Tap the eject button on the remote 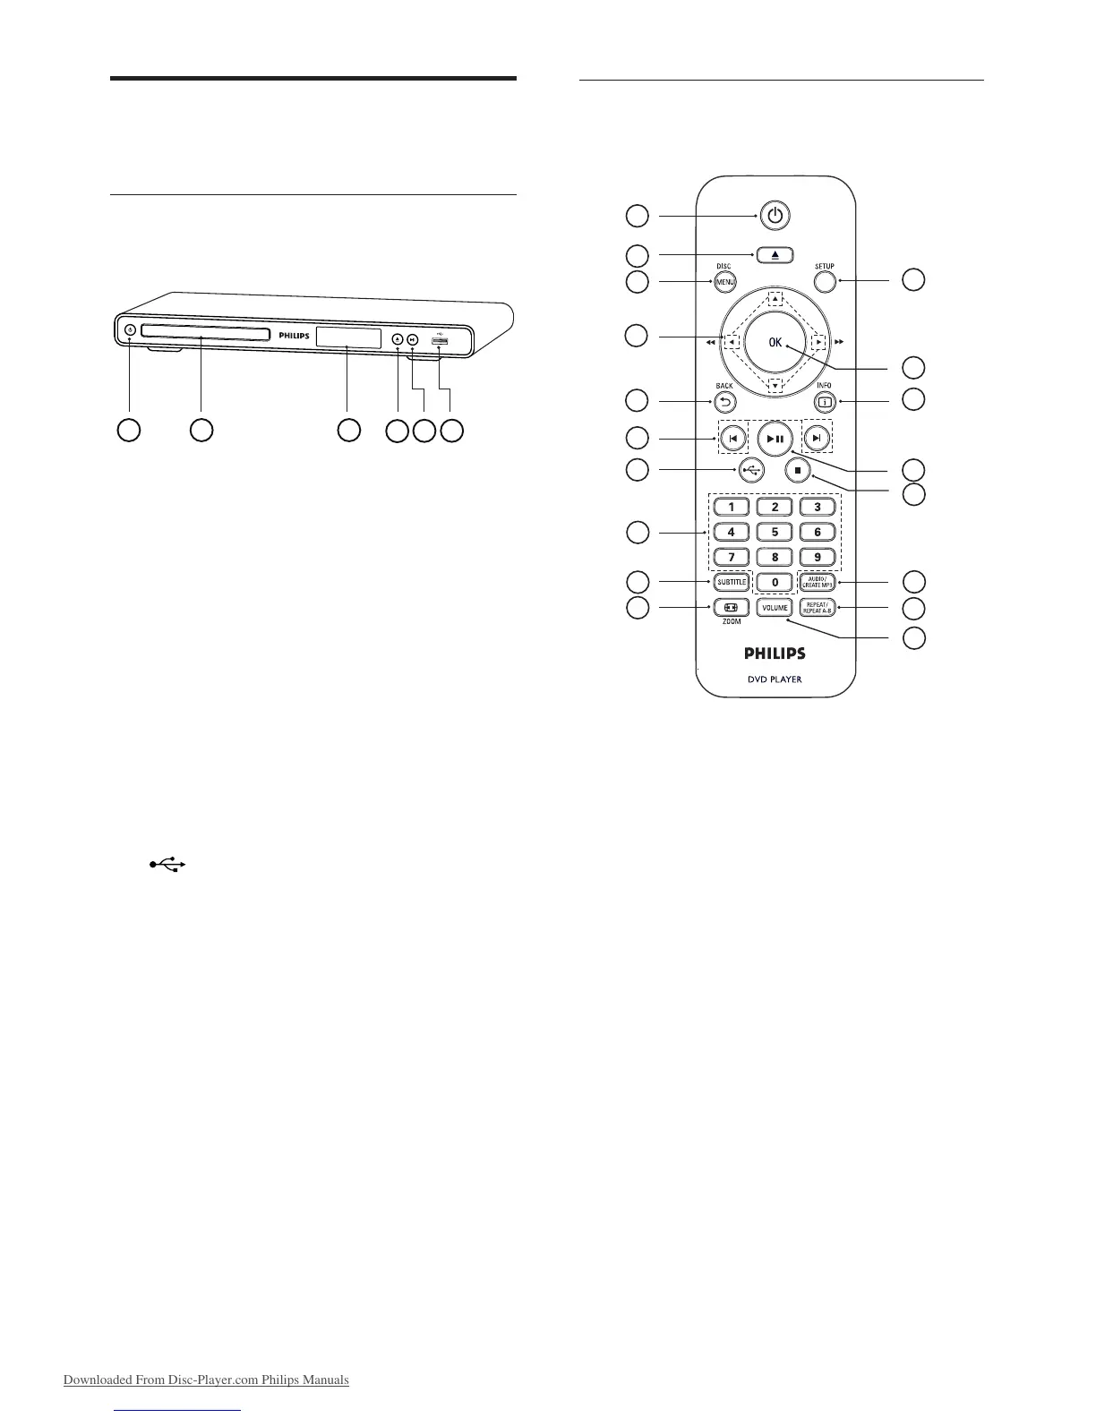click(775, 254)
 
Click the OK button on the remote click(775, 342)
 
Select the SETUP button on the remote click(825, 282)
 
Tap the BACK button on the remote click(724, 401)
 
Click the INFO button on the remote click(825, 401)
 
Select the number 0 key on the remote click(775, 583)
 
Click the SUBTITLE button click(732, 583)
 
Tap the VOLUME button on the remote click(775, 609)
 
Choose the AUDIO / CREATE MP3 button click(818, 583)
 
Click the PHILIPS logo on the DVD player click(293, 336)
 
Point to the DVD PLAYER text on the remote click(775, 679)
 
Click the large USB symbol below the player click(167, 865)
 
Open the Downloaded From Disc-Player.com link click(206, 1380)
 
